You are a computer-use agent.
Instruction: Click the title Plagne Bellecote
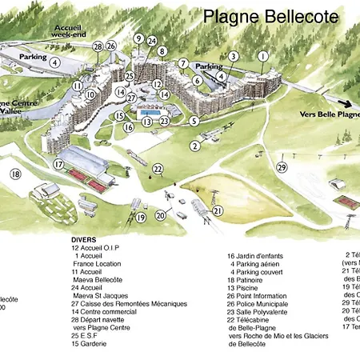[x=270, y=16]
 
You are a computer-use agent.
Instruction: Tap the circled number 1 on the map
[x=263, y=56]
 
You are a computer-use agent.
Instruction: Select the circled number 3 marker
[x=233, y=57]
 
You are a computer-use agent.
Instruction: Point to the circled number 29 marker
[x=281, y=166]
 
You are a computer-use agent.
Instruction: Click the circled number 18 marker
[x=15, y=174]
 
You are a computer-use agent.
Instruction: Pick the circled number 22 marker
[x=158, y=168]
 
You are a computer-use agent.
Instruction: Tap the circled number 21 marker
[x=217, y=210]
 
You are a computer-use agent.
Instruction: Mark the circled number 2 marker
[x=194, y=146]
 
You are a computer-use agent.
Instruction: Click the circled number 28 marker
[x=98, y=47]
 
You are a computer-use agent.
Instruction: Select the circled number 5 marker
[x=194, y=121]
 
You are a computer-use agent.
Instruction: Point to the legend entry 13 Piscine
[x=249, y=287]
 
